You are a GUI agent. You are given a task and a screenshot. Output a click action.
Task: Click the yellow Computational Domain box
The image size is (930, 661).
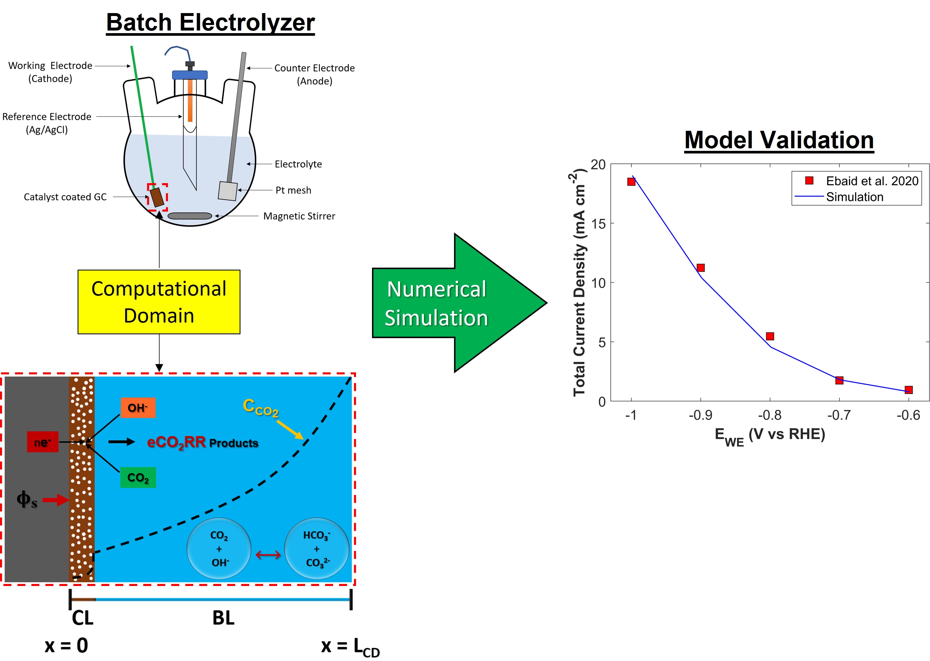click(x=159, y=302)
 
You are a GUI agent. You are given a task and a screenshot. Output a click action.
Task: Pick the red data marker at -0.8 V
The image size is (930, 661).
click(x=770, y=336)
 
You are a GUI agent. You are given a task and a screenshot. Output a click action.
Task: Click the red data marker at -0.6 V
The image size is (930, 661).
click(x=908, y=390)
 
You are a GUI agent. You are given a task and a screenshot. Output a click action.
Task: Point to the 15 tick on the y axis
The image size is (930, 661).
click(x=598, y=224)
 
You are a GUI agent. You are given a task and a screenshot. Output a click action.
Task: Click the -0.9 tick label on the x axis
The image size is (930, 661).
click(x=700, y=415)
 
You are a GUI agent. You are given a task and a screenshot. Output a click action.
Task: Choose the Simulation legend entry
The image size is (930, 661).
click(x=854, y=197)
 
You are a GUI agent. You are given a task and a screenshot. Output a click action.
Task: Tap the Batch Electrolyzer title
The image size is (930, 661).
click(x=210, y=22)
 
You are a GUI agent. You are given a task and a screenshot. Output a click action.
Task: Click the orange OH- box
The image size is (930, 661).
click(x=138, y=408)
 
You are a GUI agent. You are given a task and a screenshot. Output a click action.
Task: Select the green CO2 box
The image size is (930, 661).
click(x=138, y=477)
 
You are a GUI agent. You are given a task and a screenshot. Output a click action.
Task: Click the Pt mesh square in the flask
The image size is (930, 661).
click(x=228, y=190)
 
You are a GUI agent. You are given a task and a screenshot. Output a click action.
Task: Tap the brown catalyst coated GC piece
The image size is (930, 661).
click(x=157, y=197)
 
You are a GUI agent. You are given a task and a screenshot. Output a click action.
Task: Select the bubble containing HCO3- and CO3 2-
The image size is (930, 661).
click(x=316, y=548)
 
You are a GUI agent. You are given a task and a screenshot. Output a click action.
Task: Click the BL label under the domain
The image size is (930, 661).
click(x=223, y=618)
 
